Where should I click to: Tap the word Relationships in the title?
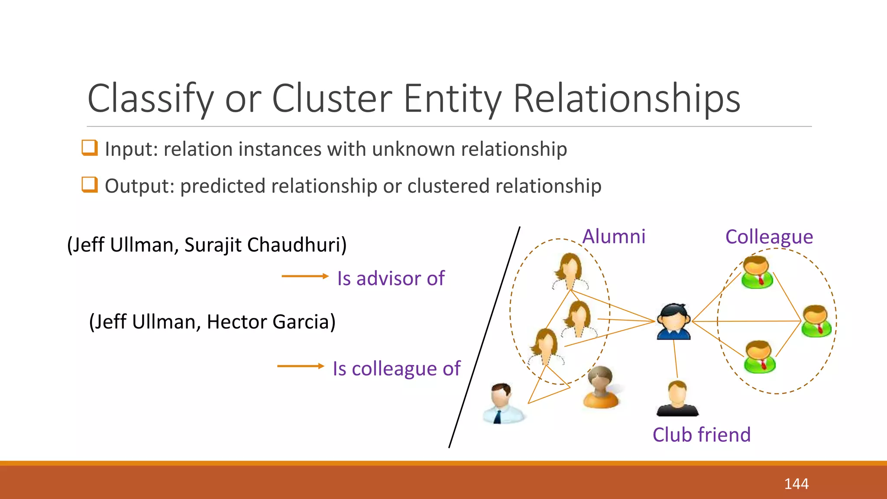(627, 99)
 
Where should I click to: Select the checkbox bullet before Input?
(90, 148)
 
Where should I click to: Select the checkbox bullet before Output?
(90, 185)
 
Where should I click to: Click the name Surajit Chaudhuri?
(265, 245)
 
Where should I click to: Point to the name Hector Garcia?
(271, 322)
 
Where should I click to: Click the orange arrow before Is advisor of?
(305, 276)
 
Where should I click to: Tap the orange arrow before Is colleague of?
(301, 366)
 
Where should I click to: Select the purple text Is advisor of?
(391, 279)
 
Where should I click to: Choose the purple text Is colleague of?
(396, 369)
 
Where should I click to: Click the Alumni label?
(614, 237)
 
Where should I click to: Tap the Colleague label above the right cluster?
(769, 237)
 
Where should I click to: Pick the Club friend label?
(702, 434)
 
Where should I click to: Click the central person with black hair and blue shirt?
(673, 321)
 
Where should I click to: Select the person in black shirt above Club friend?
(677, 399)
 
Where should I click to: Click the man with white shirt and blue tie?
(503, 403)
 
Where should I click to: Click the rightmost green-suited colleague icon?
(816, 321)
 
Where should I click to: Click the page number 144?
(796, 483)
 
